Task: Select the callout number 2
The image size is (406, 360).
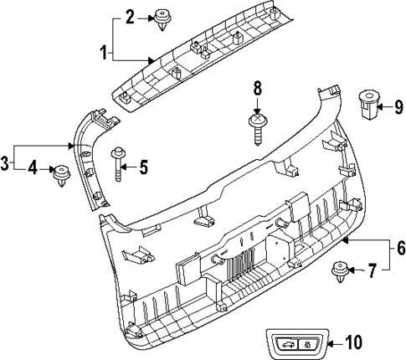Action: (x=129, y=16)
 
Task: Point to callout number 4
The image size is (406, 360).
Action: (x=34, y=169)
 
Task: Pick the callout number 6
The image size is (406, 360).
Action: (x=399, y=249)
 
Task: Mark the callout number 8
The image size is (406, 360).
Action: (x=257, y=87)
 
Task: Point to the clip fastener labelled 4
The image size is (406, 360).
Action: (x=60, y=174)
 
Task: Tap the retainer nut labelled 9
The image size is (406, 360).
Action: (x=367, y=101)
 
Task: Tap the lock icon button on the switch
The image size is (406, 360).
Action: (x=306, y=344)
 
